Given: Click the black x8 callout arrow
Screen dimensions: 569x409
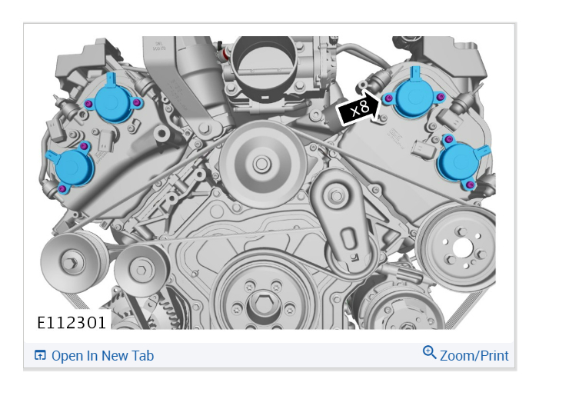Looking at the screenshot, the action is [x=358, y=108].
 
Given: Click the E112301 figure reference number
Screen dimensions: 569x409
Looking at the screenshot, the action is [x=72, y=323].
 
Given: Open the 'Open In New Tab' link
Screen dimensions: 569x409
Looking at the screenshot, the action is [x=103, y=356].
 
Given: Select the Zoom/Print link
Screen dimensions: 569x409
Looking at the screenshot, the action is [x=474, y=356].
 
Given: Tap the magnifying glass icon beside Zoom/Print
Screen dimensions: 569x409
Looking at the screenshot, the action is [x=429, y=352].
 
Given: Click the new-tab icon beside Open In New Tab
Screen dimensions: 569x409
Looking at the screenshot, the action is [x=40, y=355].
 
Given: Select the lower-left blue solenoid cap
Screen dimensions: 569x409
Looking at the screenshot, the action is [x=72, y=168].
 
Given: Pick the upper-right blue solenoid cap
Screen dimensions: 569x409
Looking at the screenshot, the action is [x=414, y=96].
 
